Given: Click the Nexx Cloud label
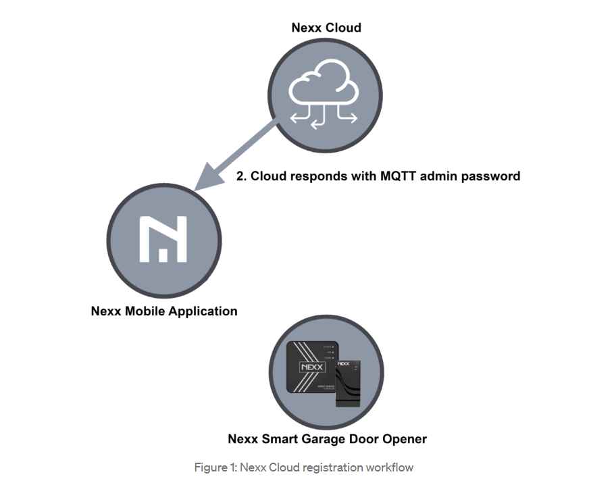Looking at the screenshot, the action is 326,28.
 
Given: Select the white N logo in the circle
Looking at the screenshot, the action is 163,239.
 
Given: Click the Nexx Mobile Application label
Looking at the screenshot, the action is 164,311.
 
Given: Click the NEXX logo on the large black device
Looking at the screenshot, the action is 312,367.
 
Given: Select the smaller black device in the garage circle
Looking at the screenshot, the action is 348,384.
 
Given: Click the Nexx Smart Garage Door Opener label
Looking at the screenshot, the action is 327,439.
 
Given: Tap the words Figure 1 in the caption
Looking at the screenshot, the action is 215,467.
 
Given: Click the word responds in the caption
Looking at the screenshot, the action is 318,176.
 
